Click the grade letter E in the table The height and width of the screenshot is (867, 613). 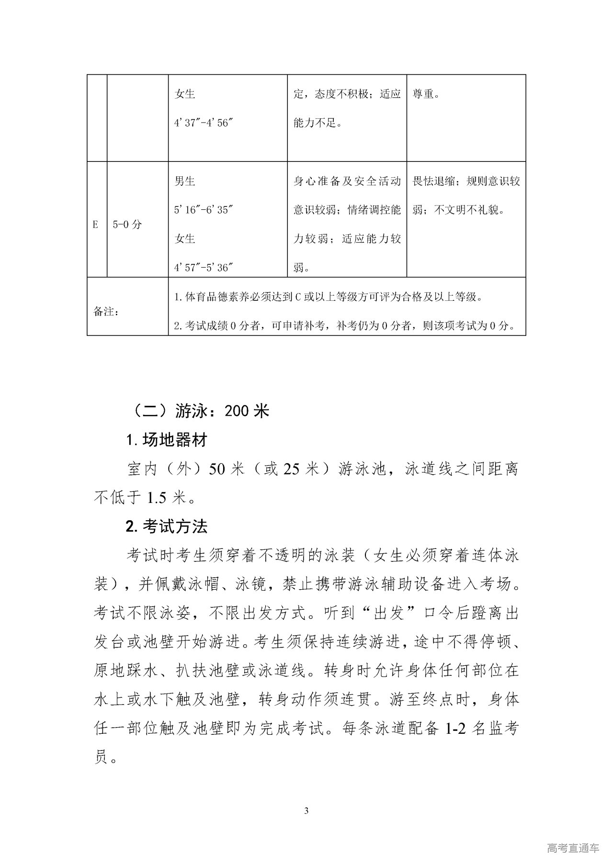(x=95, y=225)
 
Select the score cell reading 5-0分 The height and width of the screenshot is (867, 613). (x=127, y=225)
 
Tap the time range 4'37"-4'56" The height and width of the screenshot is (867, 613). (x=203, y=123)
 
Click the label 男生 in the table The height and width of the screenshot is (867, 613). (x=185, y=182)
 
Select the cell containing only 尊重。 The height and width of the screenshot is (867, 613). (x=426, y=94)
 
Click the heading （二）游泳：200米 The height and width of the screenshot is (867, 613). (x=200, y=411)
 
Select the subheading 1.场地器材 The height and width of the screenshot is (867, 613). (x=166, y=440)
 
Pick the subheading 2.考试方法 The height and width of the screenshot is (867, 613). (x=166, y=527)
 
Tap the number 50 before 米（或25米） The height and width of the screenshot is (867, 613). (x=216, y=469)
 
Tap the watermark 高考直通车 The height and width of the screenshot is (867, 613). (x=573, y=848)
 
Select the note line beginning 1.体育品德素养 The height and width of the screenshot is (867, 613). (x=327, y=297)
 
